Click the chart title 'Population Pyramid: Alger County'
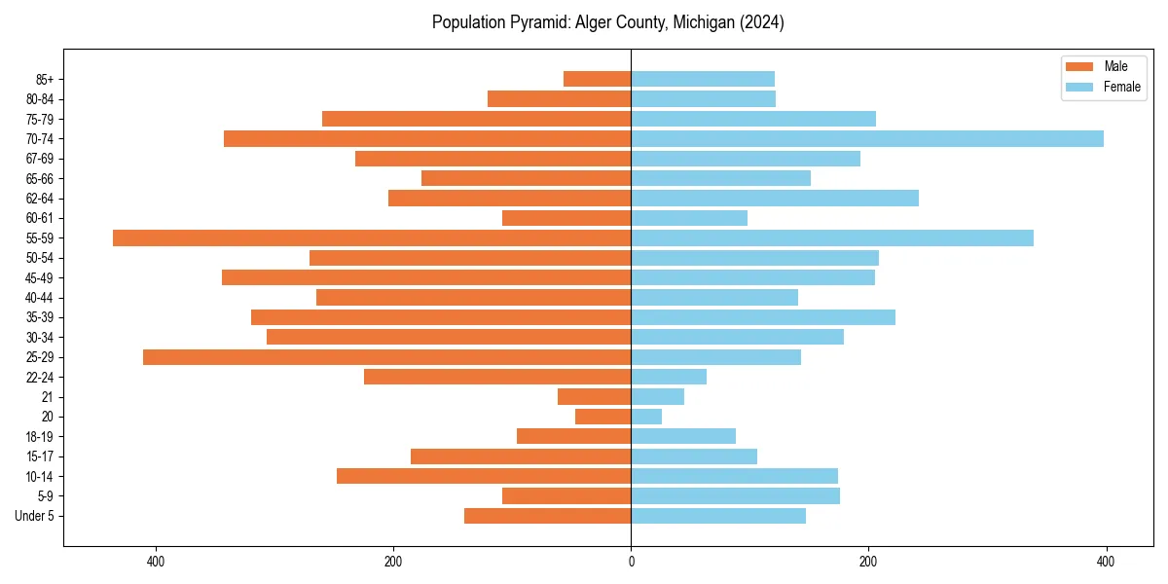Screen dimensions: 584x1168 (607, 22)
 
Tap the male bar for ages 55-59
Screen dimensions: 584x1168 (372, 237)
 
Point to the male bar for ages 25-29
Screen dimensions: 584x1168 (386, 357)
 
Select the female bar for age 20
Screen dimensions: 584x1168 (646, 417)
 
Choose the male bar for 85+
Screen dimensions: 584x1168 (597, 79)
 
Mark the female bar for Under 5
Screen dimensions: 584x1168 (718, 516)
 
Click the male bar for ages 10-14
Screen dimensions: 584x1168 (484, 476)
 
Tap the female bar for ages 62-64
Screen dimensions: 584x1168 (775, 198)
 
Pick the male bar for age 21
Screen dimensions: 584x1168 (594, 396)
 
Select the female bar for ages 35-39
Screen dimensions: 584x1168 (763, 317)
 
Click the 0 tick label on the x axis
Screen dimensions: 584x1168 (631, 562)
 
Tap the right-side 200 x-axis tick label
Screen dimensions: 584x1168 (868, 562)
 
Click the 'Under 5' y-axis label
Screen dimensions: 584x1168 (34, 516)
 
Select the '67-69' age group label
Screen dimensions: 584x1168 (40, 159)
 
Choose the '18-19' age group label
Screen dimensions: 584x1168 (40, 436)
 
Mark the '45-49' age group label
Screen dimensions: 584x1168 (40, 277)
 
